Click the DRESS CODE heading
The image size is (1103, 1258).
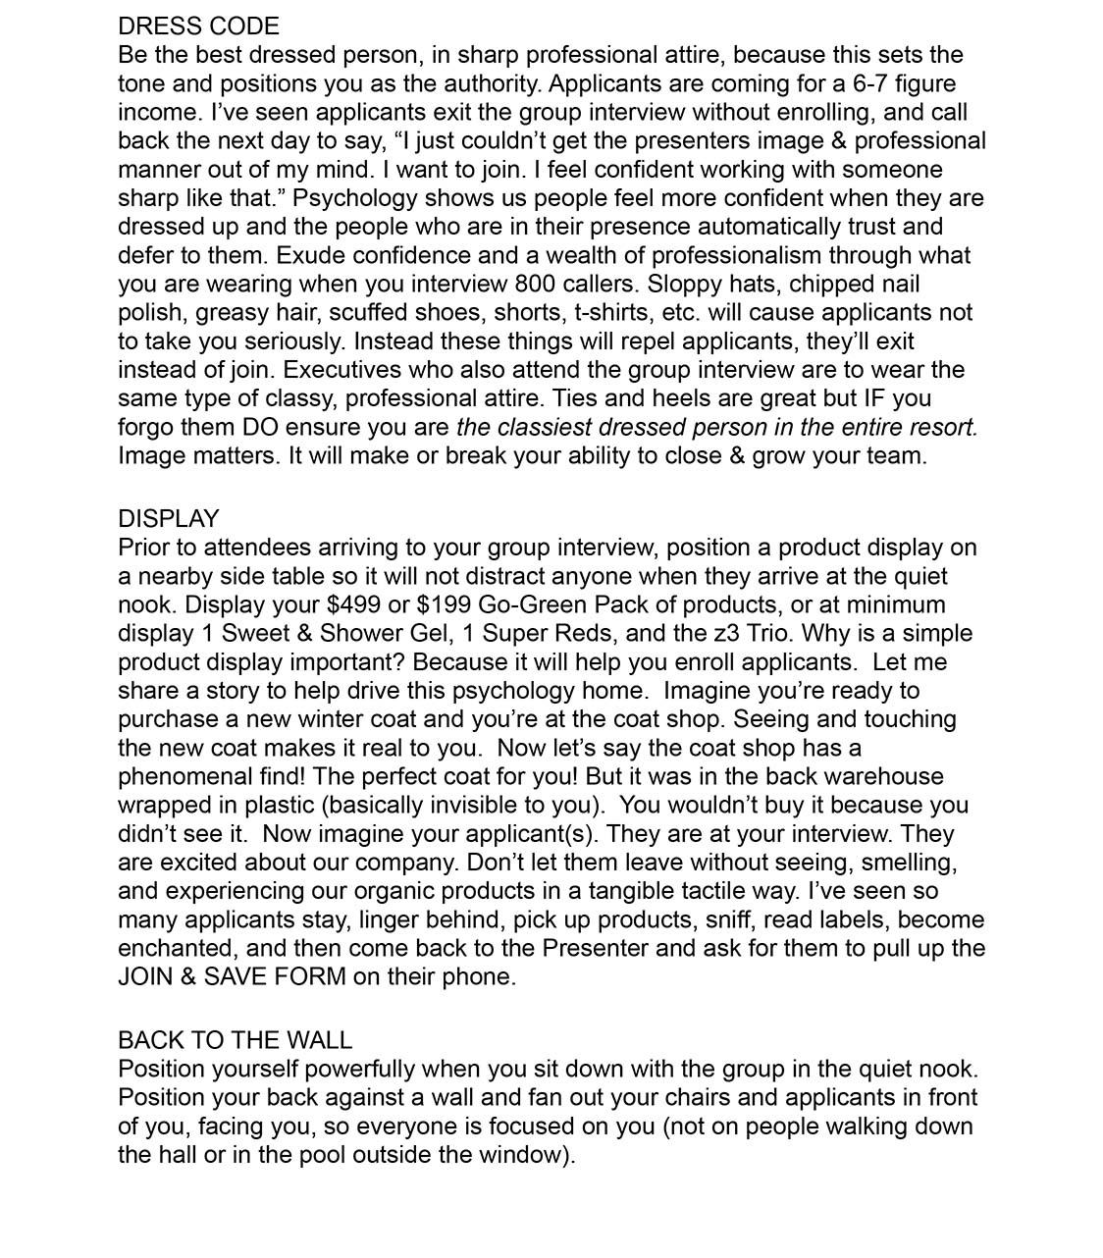pyautogui.click(x=198, y=26)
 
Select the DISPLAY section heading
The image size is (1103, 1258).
pyautogui.click(x=168, y=519)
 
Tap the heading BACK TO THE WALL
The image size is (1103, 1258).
pyautogui.click(x=235, y=1040)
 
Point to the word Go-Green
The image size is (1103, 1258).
pyautogui.click(x=534, y=604)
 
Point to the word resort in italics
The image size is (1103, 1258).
pyautogui.click(x=942, y=428)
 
